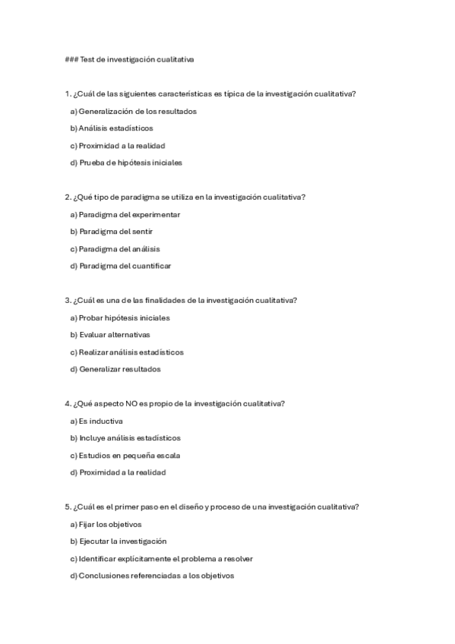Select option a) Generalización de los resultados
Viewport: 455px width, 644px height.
click(x=133, y=111)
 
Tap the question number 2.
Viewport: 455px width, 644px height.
click(x=68, y=197)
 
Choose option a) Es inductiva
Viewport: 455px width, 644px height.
click(x=96, y=421)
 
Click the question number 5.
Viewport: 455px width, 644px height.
click(x=68, y=507)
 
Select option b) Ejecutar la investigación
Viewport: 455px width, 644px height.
click(x=118, y=541)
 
